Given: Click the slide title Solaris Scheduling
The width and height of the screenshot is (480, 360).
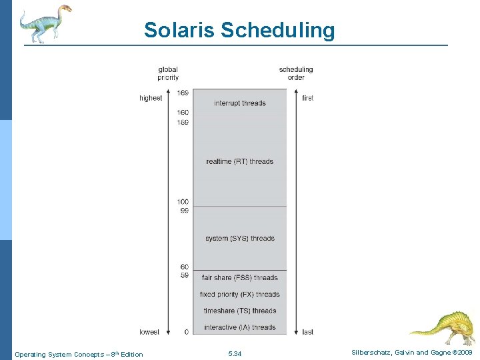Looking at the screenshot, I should point(239,31).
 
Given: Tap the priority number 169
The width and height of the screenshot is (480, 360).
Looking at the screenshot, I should point(183,93).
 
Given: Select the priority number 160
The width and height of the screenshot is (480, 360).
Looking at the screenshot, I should point(183,113).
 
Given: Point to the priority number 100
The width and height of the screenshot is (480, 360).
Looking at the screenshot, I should point(183,202).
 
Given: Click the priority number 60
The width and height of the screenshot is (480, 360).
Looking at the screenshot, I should point(185,267).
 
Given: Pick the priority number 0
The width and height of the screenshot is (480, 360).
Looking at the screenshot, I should point(186,331).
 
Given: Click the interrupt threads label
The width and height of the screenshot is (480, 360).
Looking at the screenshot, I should point(239,103).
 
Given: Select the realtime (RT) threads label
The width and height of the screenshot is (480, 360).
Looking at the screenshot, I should point(239,161).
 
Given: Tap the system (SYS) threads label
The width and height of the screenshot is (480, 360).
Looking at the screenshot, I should point(239,239).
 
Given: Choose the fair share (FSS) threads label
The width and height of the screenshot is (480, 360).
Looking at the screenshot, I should point(239,278).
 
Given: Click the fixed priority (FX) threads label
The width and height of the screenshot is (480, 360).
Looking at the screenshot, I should point(239,295).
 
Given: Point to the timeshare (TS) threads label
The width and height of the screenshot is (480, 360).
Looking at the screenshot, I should point(239,311).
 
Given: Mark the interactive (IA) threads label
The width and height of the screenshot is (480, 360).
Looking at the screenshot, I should point(239,327).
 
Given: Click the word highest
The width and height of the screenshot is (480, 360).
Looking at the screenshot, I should point(151,98).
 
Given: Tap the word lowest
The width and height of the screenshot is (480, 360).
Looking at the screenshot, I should point(149,331).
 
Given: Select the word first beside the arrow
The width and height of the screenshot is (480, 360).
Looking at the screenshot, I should point(307,98).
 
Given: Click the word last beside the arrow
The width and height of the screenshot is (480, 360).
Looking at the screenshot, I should point(307,331).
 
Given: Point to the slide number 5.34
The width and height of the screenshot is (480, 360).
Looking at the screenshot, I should point(235,354).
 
